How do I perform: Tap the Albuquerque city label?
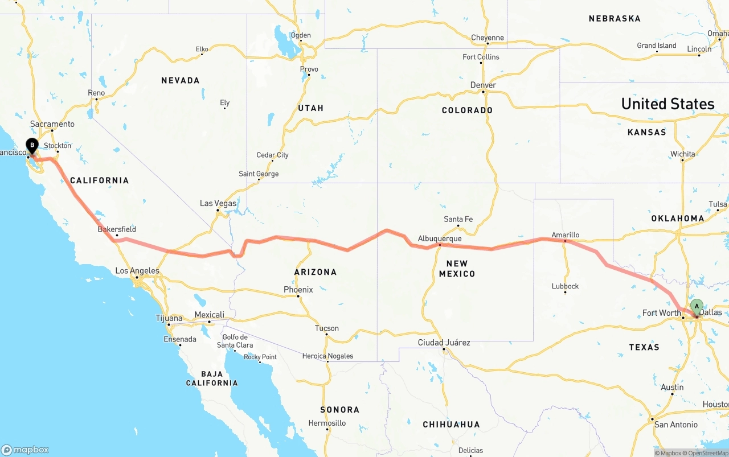[439, 238]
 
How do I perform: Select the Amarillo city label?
[565, 234]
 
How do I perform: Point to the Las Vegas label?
[218, 203]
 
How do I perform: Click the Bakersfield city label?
[117, 229]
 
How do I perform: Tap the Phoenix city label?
[298, 290]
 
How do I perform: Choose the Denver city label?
[483, 85]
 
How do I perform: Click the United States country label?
[667, 104]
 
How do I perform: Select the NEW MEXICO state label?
[457, 269]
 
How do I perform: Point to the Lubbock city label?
[565, 286]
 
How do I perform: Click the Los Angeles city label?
[137, 271]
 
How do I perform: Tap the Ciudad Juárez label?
[444, 343]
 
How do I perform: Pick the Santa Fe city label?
[458, 219]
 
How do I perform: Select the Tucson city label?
[326, 328]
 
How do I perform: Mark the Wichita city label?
[682, 154]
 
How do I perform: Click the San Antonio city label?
[675, 425]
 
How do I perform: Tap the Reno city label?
[96, 93]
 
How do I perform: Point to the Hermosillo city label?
[327, 423]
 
